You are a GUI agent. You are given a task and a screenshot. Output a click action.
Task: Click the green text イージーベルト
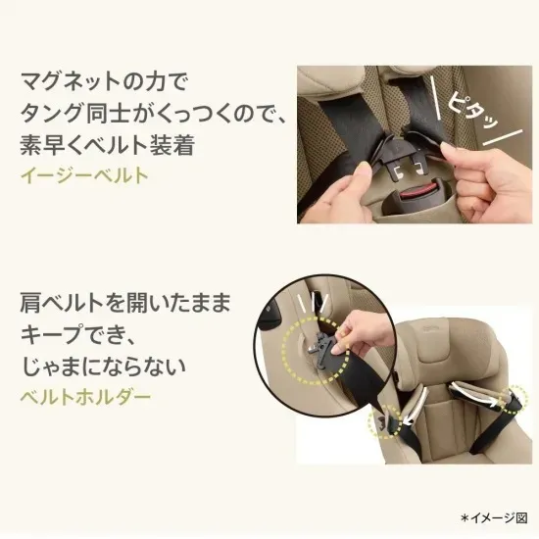point(84,175)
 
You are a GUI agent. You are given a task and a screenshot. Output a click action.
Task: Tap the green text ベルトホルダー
point(85,397)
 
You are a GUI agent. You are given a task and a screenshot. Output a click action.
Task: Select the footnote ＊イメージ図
point(494,517)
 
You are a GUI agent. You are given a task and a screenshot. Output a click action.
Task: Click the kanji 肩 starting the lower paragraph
point(30,303)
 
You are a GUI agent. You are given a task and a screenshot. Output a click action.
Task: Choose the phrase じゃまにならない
point(104,366)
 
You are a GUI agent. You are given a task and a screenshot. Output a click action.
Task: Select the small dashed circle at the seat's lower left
point(385,421)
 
